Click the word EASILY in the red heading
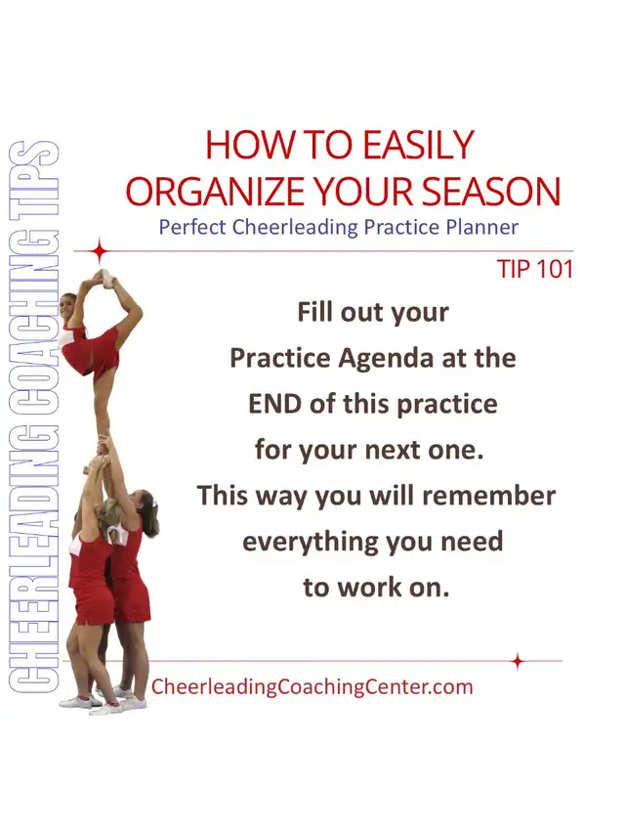[418, 145]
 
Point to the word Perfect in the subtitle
[193, 228]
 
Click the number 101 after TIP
[555, 269]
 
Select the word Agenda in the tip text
[387, 358]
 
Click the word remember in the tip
[489, 496]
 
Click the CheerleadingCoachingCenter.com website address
[312, 686]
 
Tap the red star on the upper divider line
[100, 251]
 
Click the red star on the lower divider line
[518, 662]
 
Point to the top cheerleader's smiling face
[68, 307]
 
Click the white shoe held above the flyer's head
[106, 278]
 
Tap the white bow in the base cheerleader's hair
[155, 502]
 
